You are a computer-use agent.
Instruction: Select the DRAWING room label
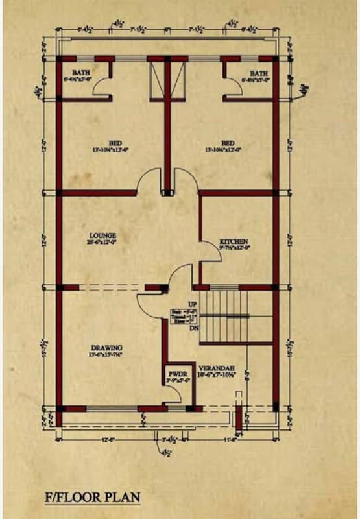107,347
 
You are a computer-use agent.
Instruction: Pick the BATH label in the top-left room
81,73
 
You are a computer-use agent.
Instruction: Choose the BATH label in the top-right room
259,73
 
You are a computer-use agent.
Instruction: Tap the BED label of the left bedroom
115,143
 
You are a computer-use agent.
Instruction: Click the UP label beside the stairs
192,304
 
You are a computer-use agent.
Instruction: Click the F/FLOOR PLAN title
92,498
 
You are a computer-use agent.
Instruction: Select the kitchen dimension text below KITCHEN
234,247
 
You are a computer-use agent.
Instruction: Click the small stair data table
184,317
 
